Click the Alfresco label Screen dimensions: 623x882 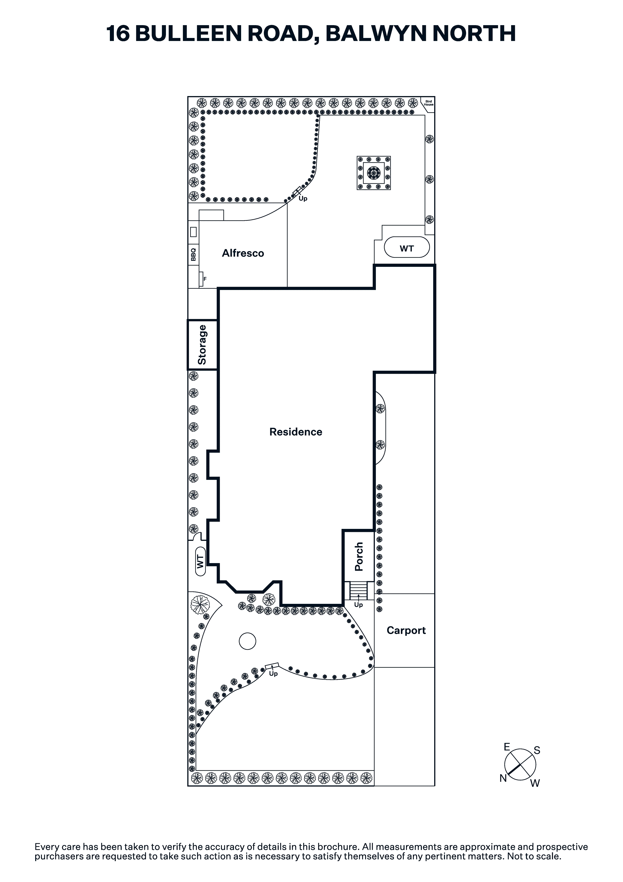tap(243, 253)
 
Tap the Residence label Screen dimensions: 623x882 tap(296, 432)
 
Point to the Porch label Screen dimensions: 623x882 tap(359, 557)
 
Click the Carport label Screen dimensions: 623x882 tap(406, 631)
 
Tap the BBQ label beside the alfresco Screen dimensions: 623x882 tap(193, 254)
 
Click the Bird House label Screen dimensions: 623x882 tap(429, 103)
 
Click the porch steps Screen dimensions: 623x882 tap(358, 591)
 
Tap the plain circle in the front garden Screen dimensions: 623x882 tap(247, 641)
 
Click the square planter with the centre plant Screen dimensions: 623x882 tap(374, 173)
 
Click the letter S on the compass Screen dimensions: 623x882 tap(537, 750)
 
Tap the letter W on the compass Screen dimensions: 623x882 tap(535, 783)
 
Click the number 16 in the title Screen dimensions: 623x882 tap(118, 33)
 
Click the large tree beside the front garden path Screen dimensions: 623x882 tap(200, 604)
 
